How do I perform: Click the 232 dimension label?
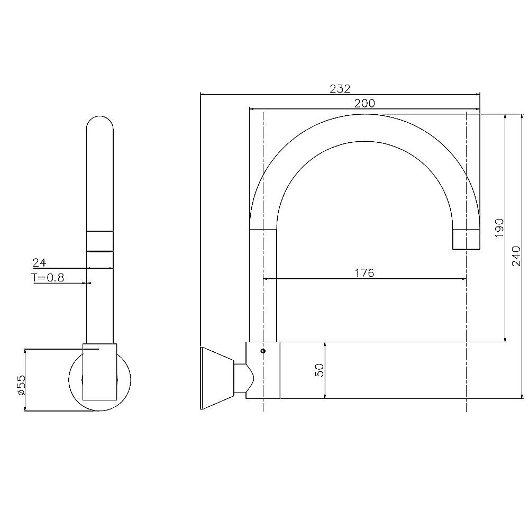pos(340,88)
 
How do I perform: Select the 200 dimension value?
pos(364,104)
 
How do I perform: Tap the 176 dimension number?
pos(364,273)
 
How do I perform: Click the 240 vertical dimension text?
pos(518,256)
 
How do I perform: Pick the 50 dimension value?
pos(319,370)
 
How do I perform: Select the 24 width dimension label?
pos(39,262)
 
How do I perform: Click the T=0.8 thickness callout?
pos(48,278)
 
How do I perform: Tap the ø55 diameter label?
pos(21,385)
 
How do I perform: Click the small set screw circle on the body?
pos(263,350)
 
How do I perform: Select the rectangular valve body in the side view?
pos(263,370)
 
